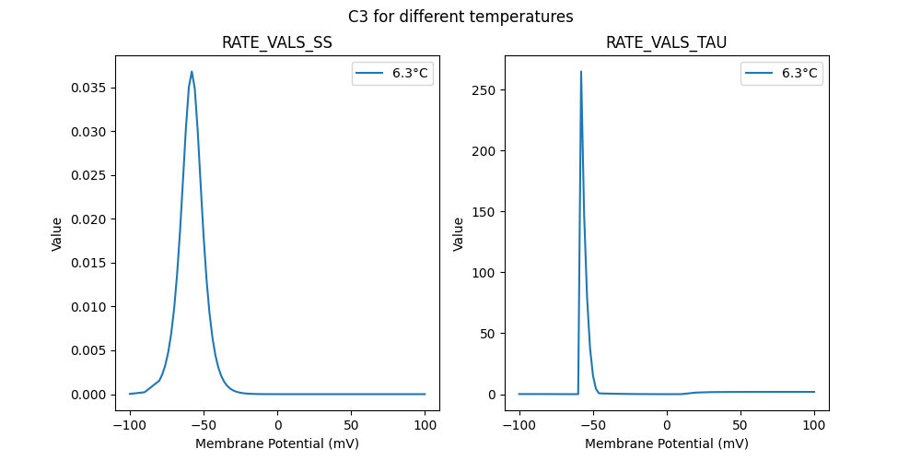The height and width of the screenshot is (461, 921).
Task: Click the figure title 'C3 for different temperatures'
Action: click(460, 17)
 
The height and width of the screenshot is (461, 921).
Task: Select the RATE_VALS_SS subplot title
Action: click(277, 43)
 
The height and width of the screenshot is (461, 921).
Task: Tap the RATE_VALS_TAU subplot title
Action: click(666, 43)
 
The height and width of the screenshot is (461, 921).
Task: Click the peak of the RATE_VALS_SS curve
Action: click(192, 71)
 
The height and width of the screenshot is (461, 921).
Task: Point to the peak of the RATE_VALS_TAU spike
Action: click(581, 71)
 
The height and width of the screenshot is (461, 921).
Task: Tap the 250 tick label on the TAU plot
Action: click(484, 90)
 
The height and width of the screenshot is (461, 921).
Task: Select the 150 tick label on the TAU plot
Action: click(484, 212)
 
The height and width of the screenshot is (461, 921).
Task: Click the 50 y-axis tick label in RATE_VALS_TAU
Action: click(488, 334)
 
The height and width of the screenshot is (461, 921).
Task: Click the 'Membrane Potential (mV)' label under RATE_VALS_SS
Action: click(277, 443)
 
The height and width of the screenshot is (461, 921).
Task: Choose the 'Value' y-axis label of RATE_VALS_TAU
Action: click(458, 234)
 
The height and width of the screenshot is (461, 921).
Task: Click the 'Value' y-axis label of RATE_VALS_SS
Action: click(57, 234)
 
